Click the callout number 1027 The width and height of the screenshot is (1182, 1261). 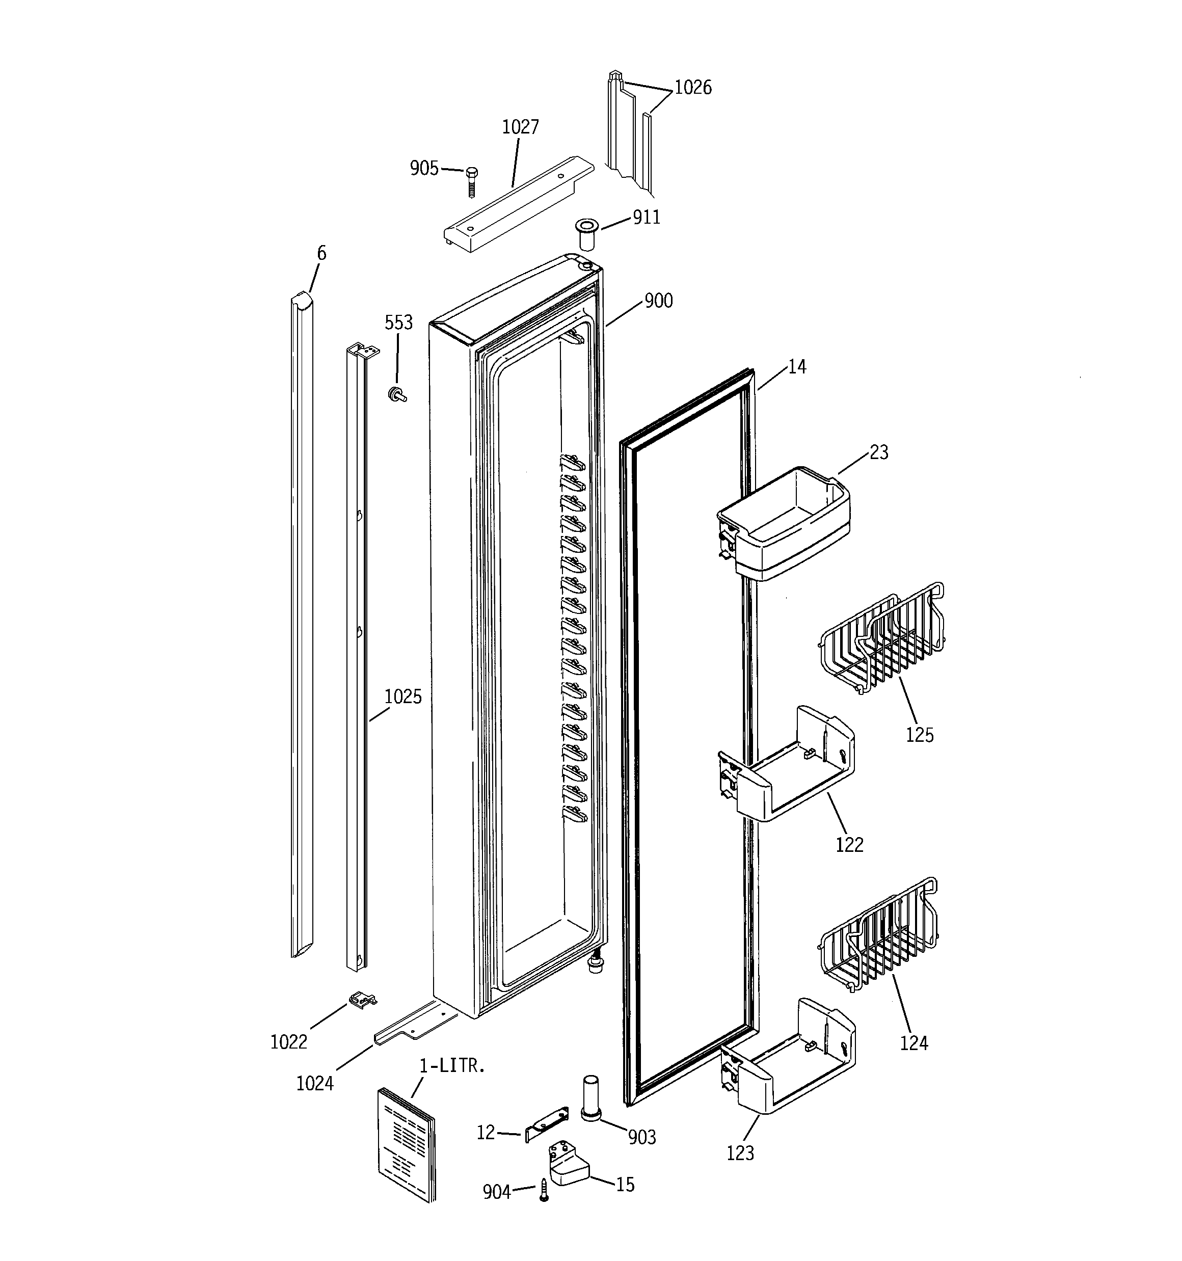pyautogui.click(x=520, y=127)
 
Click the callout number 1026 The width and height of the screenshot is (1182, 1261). pyautogui.click(x=692, y=88)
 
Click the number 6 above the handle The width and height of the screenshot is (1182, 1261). pyautogui.click(x=321, y=254)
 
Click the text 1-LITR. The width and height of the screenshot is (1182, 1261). pyautogui.click(x=452, y=1066)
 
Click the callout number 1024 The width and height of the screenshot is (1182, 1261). pyautogui.click(x=315, y=1083)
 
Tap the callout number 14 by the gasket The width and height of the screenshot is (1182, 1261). pyautogui.click(x=797, y=367)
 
